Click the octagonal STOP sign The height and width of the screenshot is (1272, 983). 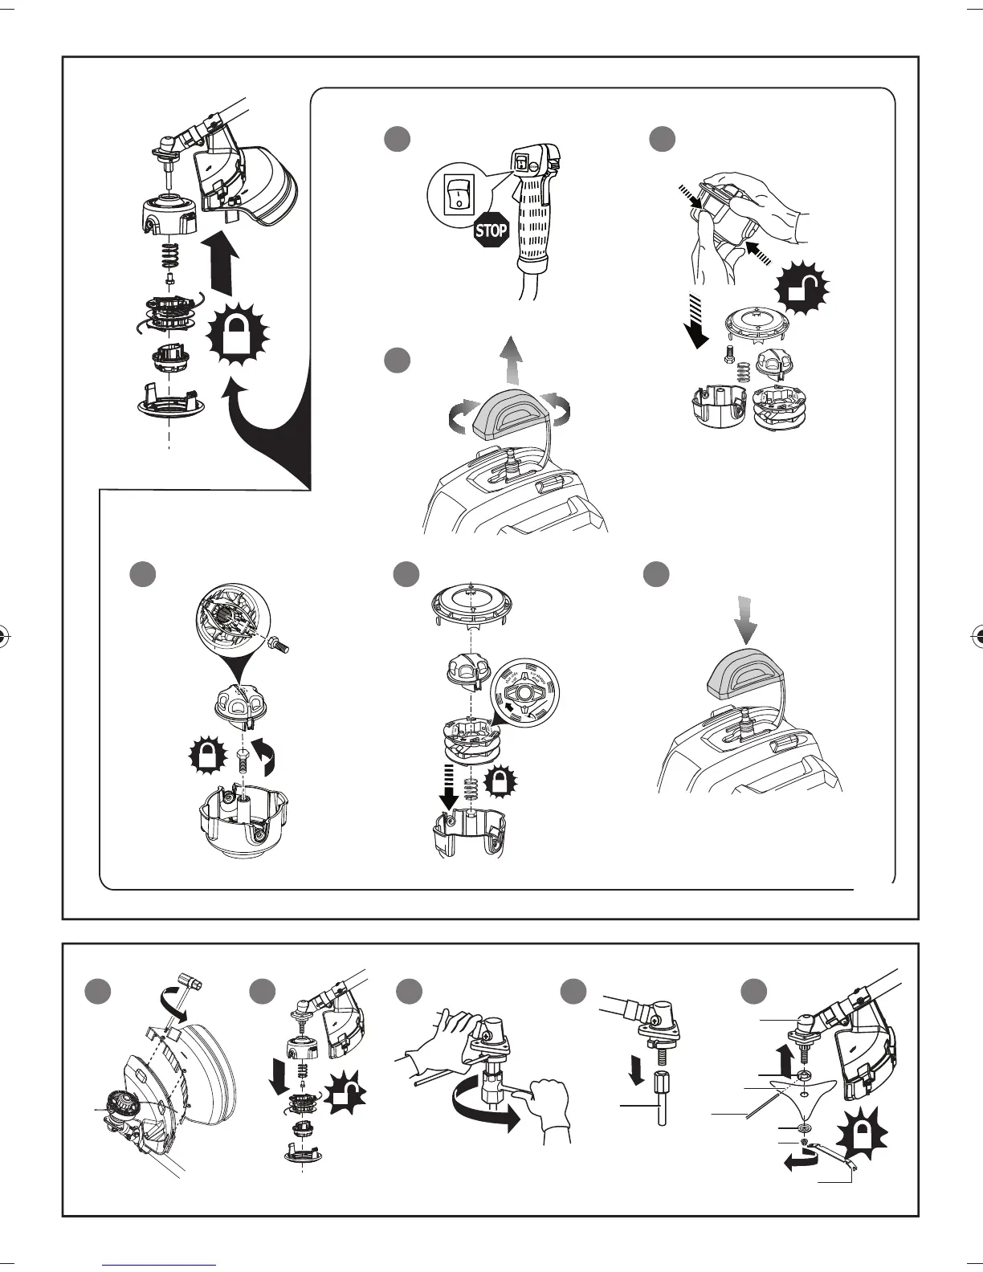(491, 231)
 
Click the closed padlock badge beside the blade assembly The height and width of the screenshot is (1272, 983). (862, 1135)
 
